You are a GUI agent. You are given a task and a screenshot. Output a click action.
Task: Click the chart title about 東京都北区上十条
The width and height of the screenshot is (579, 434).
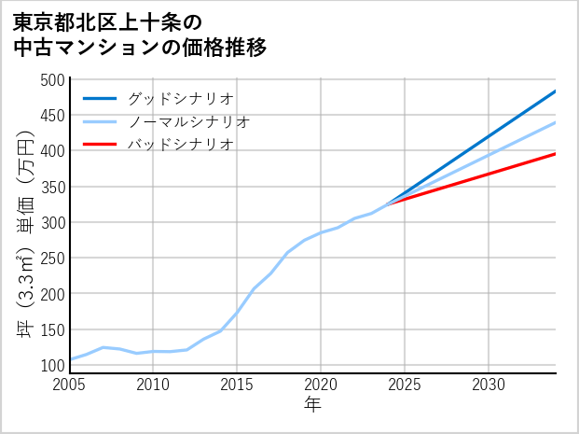140,34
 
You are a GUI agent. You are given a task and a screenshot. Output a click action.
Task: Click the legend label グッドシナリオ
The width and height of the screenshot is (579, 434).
180,98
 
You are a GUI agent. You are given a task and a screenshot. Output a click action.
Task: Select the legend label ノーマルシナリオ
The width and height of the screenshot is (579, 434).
189,121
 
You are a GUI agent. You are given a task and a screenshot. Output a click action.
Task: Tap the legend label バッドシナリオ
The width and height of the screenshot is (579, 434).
180,145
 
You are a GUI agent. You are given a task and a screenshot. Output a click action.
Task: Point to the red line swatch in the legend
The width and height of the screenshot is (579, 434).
101,145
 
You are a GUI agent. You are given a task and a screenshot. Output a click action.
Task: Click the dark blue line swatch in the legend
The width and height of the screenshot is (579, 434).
101,98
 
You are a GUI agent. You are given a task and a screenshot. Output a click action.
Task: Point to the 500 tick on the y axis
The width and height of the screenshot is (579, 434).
54,80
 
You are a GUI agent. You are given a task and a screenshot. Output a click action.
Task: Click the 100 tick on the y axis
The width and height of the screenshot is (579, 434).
54,365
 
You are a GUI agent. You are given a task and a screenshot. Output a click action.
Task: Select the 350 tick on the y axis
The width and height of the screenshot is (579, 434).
54,187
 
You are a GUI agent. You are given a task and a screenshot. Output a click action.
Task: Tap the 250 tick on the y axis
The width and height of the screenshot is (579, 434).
54,259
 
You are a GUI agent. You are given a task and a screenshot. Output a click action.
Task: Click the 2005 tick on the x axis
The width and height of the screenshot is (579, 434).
70,385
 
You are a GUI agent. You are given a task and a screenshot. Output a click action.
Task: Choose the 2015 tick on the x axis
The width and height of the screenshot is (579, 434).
237,385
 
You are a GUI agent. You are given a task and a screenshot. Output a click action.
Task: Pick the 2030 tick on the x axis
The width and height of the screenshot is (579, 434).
489,385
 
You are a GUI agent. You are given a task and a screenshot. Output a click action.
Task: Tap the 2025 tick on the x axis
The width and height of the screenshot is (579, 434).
405,385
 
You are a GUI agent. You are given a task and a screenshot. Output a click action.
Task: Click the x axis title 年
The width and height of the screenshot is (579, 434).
312,405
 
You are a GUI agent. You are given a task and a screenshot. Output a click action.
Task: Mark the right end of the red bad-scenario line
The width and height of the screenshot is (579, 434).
555,153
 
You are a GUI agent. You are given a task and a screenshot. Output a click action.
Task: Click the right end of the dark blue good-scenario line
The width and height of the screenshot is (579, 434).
555,91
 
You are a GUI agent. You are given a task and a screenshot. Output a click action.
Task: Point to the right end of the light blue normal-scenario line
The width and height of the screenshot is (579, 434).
555,122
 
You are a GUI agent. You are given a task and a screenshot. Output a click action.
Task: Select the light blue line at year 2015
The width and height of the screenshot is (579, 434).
237,312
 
